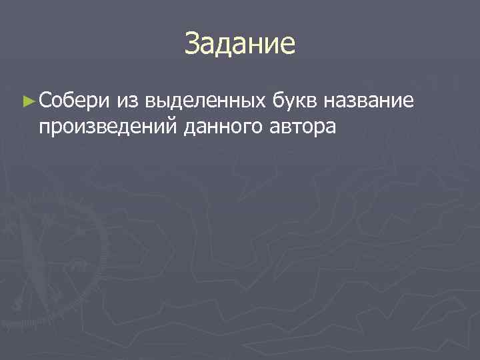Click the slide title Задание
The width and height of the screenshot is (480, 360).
pyautogui.click(x=240, y=45)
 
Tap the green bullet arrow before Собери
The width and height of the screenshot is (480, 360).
pyautogui.click(x=27, y=101)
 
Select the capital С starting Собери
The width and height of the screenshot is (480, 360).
pyautogui.click(x=45, y=101)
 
